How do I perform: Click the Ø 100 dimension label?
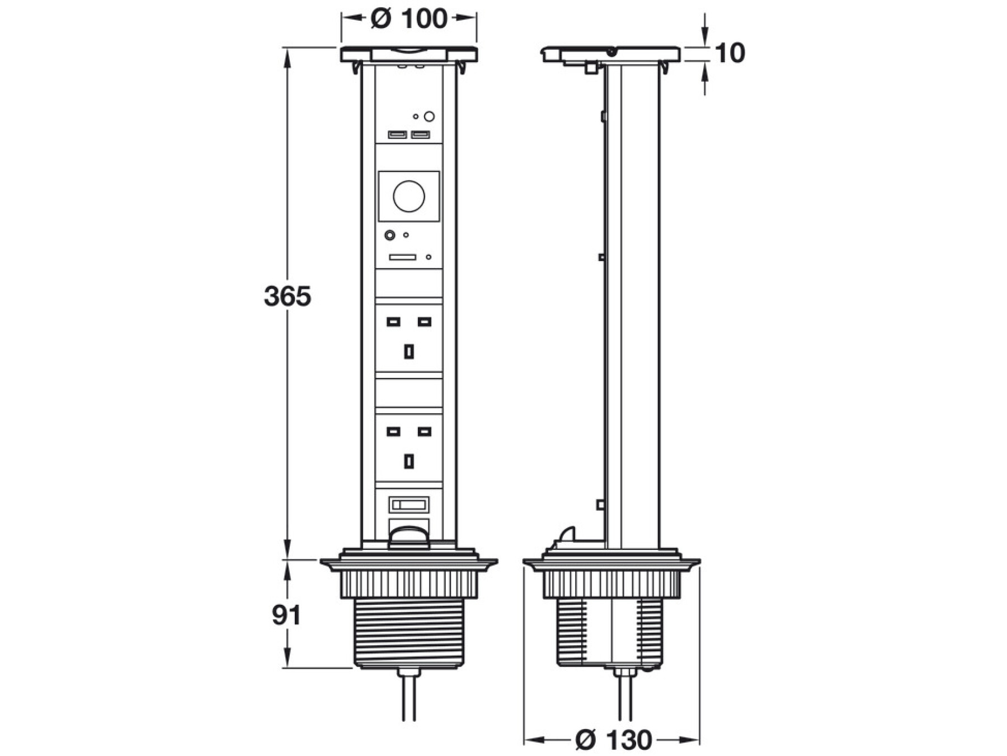coord(408,18)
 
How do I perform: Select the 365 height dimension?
coord(287,296)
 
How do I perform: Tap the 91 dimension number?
coord(286,615)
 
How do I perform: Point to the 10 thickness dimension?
coord(730,53)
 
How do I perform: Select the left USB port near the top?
coord(398,134)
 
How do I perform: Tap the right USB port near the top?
coord(420,134)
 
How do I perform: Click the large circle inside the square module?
coord(409,196)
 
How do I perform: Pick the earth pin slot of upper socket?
coord(409,352)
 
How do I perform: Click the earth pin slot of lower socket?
coord(409,461)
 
